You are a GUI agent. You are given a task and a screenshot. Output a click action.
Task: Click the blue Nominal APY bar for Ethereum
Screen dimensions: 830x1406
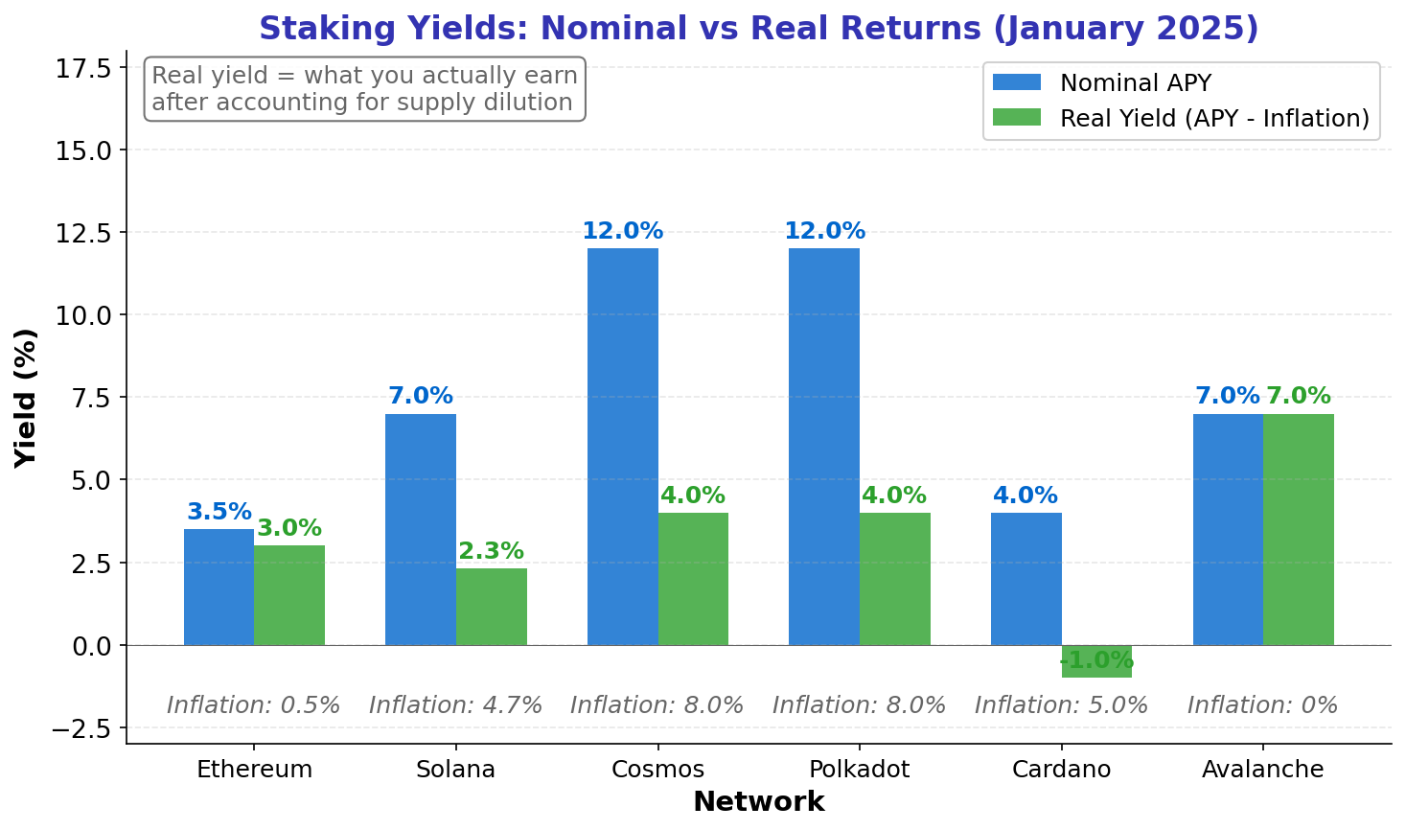[x=219, y=587]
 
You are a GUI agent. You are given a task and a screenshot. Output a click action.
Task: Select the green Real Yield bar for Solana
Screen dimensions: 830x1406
[x=491, y=607]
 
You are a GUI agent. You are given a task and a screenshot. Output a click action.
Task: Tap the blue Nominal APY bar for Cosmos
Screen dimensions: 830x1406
[x=622, y=447]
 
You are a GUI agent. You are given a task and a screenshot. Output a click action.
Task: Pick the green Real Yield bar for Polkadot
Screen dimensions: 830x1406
[x=894, y=579]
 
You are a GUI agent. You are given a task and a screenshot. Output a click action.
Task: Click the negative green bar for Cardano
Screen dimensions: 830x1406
[x=1096, y=661]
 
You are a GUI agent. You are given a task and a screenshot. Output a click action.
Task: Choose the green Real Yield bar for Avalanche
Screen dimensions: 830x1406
[x=1298, y=529]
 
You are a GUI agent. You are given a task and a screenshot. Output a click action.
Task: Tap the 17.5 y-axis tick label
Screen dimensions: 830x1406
[x=83, y=68]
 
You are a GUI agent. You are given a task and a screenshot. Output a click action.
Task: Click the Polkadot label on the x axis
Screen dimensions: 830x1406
[x=859, y=770]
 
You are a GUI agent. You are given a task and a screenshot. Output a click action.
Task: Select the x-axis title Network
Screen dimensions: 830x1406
[x=758, y=802]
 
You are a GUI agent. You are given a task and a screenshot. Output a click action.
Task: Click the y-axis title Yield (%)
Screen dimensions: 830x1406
[x=26, y=397]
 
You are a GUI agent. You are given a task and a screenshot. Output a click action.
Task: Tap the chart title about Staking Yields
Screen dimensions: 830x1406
[x=758, y=29]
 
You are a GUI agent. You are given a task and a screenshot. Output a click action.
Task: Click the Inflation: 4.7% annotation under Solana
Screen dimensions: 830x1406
[x=455, y=705]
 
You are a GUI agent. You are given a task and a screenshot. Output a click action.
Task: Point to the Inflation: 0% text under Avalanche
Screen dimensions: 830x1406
[x=1262, y=705]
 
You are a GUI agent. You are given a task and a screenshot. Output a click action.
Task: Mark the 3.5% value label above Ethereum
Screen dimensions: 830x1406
[x=219, y=513]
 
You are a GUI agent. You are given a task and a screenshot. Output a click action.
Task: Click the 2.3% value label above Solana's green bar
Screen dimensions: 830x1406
[x=491, y=552]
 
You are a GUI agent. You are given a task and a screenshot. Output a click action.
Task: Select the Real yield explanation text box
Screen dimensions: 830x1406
[x=364, y=89]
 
